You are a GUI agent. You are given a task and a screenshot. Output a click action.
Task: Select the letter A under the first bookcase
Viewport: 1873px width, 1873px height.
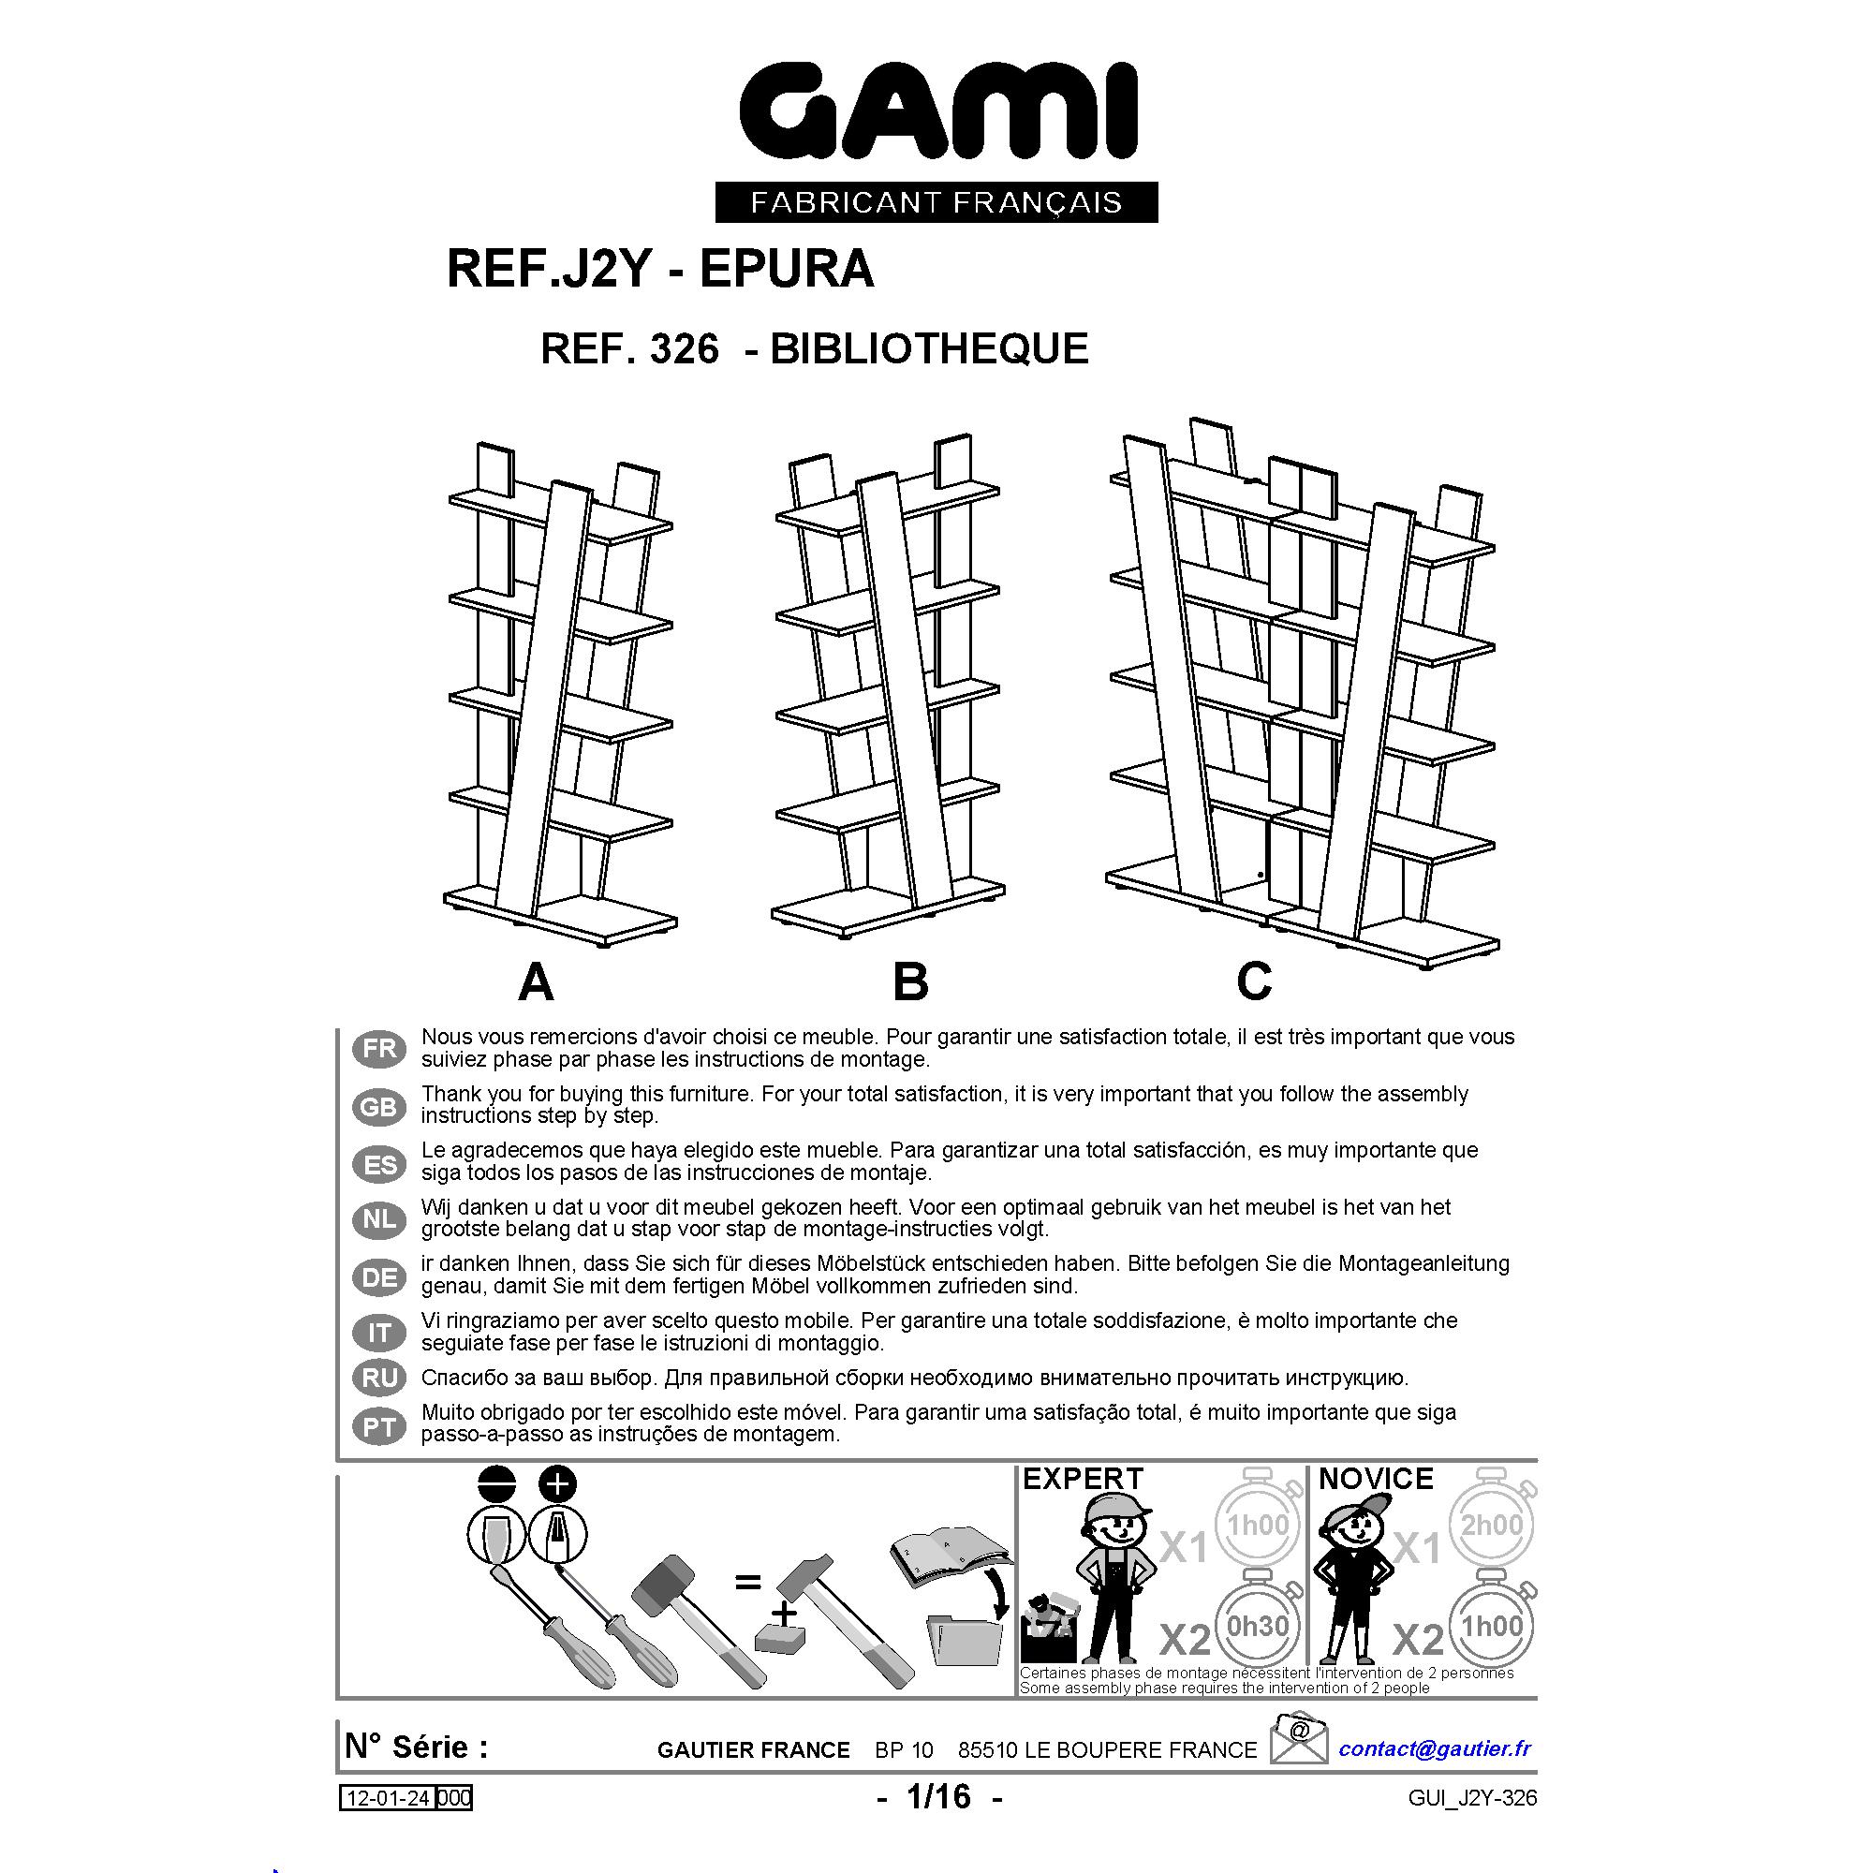[x=536, y=982]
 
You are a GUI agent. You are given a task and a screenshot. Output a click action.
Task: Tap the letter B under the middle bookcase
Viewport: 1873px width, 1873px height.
[x=910, y=982]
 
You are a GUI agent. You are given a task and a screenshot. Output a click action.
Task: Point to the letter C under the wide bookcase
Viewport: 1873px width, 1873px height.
[x=1254, y=981]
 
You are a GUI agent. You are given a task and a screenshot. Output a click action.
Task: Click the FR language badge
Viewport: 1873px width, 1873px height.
[x=380, y=1049]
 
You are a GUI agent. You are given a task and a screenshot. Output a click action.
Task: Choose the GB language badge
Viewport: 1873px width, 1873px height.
[x=380, y=1106]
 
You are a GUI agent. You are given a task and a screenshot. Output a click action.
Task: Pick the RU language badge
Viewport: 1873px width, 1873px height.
[x=380, y=1378]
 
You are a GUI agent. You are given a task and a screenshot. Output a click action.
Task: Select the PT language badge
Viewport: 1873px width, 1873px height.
[x=380, y=1426]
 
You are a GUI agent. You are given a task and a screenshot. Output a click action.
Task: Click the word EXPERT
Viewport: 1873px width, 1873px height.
[x=1083, y=1479]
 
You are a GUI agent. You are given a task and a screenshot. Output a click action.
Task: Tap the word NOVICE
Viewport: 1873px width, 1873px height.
[x=1376, y=1479]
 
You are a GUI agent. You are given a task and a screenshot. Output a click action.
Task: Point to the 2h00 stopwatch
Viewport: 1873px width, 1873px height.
[x=1491, y=1524]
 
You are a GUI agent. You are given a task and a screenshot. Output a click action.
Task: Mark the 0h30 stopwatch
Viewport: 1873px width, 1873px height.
[x=1258, y=1625]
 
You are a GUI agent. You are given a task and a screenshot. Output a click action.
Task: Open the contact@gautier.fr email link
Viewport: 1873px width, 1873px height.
[x=1435, y=1748]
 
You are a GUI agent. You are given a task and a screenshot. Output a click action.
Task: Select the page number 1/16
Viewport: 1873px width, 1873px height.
[x=938, y=1796]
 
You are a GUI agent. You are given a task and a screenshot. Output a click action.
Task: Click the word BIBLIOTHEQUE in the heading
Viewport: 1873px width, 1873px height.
[x=930, y=349]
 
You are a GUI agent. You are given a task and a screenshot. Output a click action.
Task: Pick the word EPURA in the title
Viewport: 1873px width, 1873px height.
[x=787, y=269]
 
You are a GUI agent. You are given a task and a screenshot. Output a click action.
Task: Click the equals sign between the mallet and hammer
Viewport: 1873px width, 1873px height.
[x=747, y=1582]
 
